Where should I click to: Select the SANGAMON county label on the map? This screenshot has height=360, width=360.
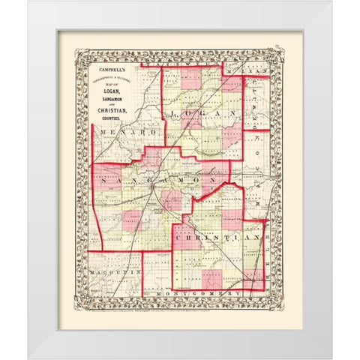tap(154, 183)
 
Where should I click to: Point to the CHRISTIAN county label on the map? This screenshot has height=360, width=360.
tap(217, 235)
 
